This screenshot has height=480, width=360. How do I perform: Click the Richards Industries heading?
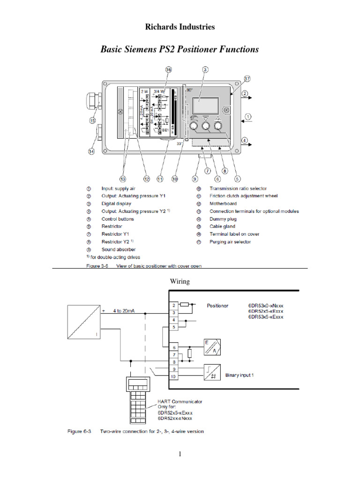click(180, 27)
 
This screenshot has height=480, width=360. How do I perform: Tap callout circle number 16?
click(169, 69)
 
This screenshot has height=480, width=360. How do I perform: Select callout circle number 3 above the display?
click(205, 69)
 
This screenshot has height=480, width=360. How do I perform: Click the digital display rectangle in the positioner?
click(205, 100)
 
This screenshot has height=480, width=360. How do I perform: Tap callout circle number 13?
click(123, 179)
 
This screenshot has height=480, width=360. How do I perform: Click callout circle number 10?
click(174, 179)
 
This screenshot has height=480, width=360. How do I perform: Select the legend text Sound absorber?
click(118, 249)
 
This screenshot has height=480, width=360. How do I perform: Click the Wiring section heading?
click(180, 282)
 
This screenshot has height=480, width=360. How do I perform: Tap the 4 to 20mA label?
click(124, 310)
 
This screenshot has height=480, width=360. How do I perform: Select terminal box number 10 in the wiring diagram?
click(173, 376)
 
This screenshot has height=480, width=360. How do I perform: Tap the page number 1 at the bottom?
click(180, 454)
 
